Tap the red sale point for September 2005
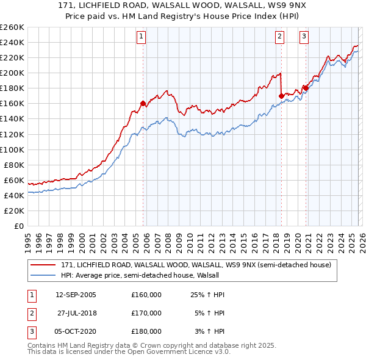pos(143,103)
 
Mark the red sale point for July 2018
pos(281,96)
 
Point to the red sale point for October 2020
pos(305,88)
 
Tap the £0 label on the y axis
pos(18,226)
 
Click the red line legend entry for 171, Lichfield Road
pos(195,265)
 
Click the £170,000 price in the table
pos(146,313)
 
